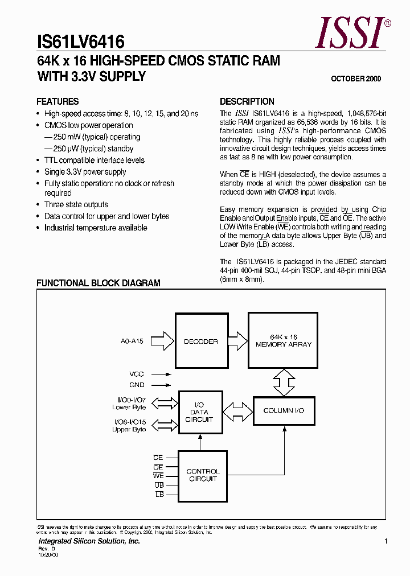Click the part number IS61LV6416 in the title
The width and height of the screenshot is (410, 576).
81,41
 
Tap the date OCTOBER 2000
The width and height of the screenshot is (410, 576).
356,79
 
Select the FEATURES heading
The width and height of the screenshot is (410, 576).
58,101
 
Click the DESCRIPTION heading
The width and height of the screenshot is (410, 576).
247,101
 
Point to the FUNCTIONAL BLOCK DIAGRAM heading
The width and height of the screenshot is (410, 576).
99,283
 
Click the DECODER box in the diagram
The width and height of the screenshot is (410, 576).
200,342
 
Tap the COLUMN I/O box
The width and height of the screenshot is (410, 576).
284,410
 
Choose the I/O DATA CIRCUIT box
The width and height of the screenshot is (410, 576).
199,412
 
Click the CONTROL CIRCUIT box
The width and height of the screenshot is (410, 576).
202,475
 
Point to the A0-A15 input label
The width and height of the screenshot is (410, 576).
132,342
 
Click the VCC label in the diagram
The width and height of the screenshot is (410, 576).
137,375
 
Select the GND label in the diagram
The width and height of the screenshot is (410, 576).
137,385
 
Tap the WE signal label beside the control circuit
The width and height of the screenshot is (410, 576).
158,475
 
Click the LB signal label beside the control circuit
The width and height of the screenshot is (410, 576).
159,495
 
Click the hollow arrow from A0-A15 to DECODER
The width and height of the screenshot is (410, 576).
163,342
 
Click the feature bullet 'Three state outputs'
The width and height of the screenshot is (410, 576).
76,204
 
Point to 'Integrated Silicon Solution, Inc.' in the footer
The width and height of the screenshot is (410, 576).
89,541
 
